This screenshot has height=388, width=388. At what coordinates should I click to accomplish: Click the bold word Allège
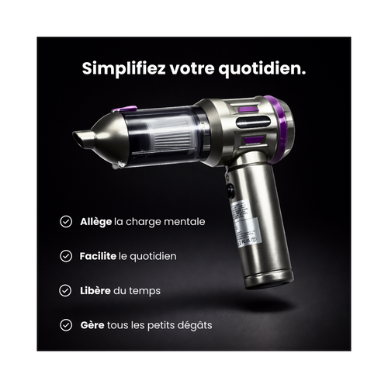96,222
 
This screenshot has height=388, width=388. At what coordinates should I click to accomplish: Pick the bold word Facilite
99,256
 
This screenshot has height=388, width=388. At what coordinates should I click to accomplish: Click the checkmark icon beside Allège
67,222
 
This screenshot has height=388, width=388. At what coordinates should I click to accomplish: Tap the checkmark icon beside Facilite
67,256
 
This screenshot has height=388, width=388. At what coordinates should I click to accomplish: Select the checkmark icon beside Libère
67,290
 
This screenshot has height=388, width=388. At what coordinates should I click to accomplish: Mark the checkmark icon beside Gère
67,324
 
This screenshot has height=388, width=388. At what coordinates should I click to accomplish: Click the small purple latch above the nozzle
124,109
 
